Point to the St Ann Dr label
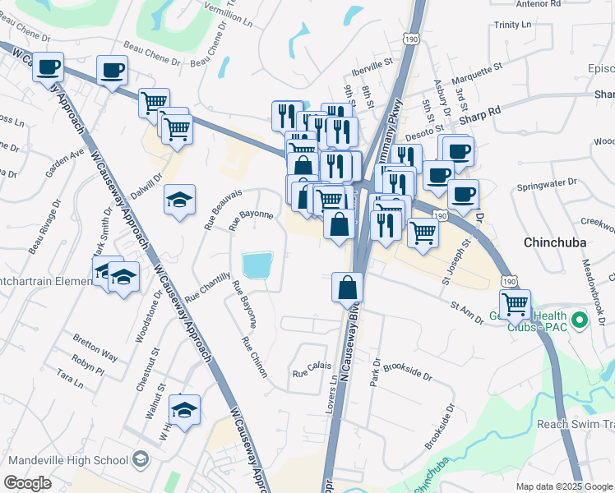point(466,311)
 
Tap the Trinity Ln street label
point(519,25)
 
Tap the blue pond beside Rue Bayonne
point(257,265)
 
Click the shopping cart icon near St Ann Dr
point(515,303)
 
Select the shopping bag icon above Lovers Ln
point(347,287)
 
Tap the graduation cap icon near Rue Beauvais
point(179,199)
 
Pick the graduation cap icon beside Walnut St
point(184,408)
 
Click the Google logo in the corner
point(27,483)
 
